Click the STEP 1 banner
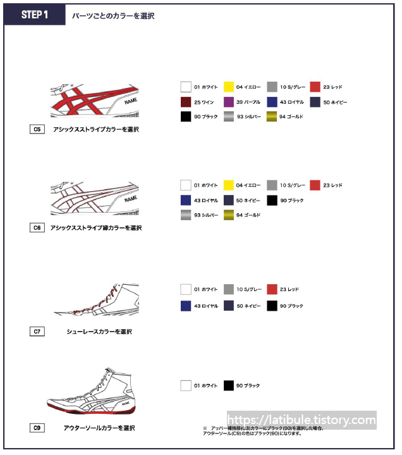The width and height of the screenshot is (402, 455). pyautogui.click(x=35, y=15)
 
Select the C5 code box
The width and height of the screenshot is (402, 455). pyautogui.click(x=37, y=129)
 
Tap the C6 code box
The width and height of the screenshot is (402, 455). pyautogui.click(x=37, y=227)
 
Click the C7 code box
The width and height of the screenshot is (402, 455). pyautogui.click(x=37, y=331)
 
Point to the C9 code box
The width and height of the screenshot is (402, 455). pyautogui.click(x=37, y=428)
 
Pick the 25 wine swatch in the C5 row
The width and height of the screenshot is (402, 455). pyautogui.click(x=186, y=102)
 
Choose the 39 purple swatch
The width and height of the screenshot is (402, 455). pyautogui.click(x=229, y=102)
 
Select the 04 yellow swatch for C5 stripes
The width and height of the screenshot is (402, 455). pyautogui.click(x=229, y=87)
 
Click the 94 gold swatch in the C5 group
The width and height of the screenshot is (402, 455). pyautogui.click(x=272, y=116)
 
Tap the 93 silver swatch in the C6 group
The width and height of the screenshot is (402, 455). pyautogui.click(x=186, y=215)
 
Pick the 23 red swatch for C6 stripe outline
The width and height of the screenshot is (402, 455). pyautogui.click(x=315, y=185)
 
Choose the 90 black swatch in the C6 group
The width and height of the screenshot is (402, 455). pyautogui.click(x=272, y=200)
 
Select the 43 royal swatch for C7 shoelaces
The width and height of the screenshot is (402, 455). pyautogui.click(x=186, y=306)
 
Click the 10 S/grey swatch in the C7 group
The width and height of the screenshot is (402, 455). pyautogui.click(x=229, y=289)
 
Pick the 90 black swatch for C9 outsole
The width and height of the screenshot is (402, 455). pyautogui.click(x=229, y=385)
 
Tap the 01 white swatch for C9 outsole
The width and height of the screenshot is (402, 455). pyautogui.click(x=186, y=385)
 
